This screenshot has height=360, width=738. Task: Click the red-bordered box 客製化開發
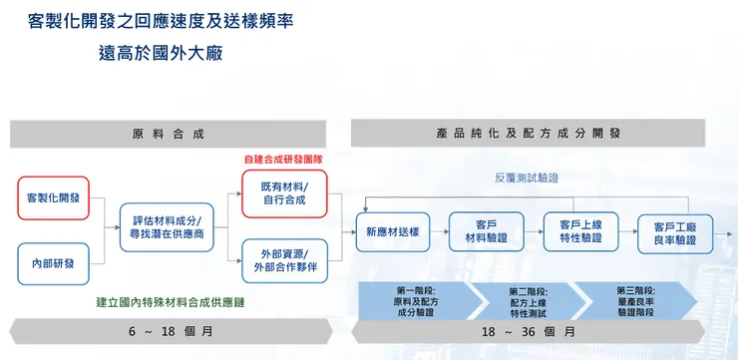(55, 197)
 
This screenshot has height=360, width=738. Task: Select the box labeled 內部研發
(54, 263)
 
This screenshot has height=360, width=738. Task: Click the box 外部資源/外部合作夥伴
(285, 259)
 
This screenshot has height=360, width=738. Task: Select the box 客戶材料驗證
(487, 231)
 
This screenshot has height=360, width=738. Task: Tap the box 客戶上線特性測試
(578, 231)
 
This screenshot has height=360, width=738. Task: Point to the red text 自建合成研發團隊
(284, 159)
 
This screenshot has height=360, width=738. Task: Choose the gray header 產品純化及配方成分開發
(543, 134)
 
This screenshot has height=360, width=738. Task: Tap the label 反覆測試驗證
(527, 178)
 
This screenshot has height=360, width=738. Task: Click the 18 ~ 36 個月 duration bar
(543, 332)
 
